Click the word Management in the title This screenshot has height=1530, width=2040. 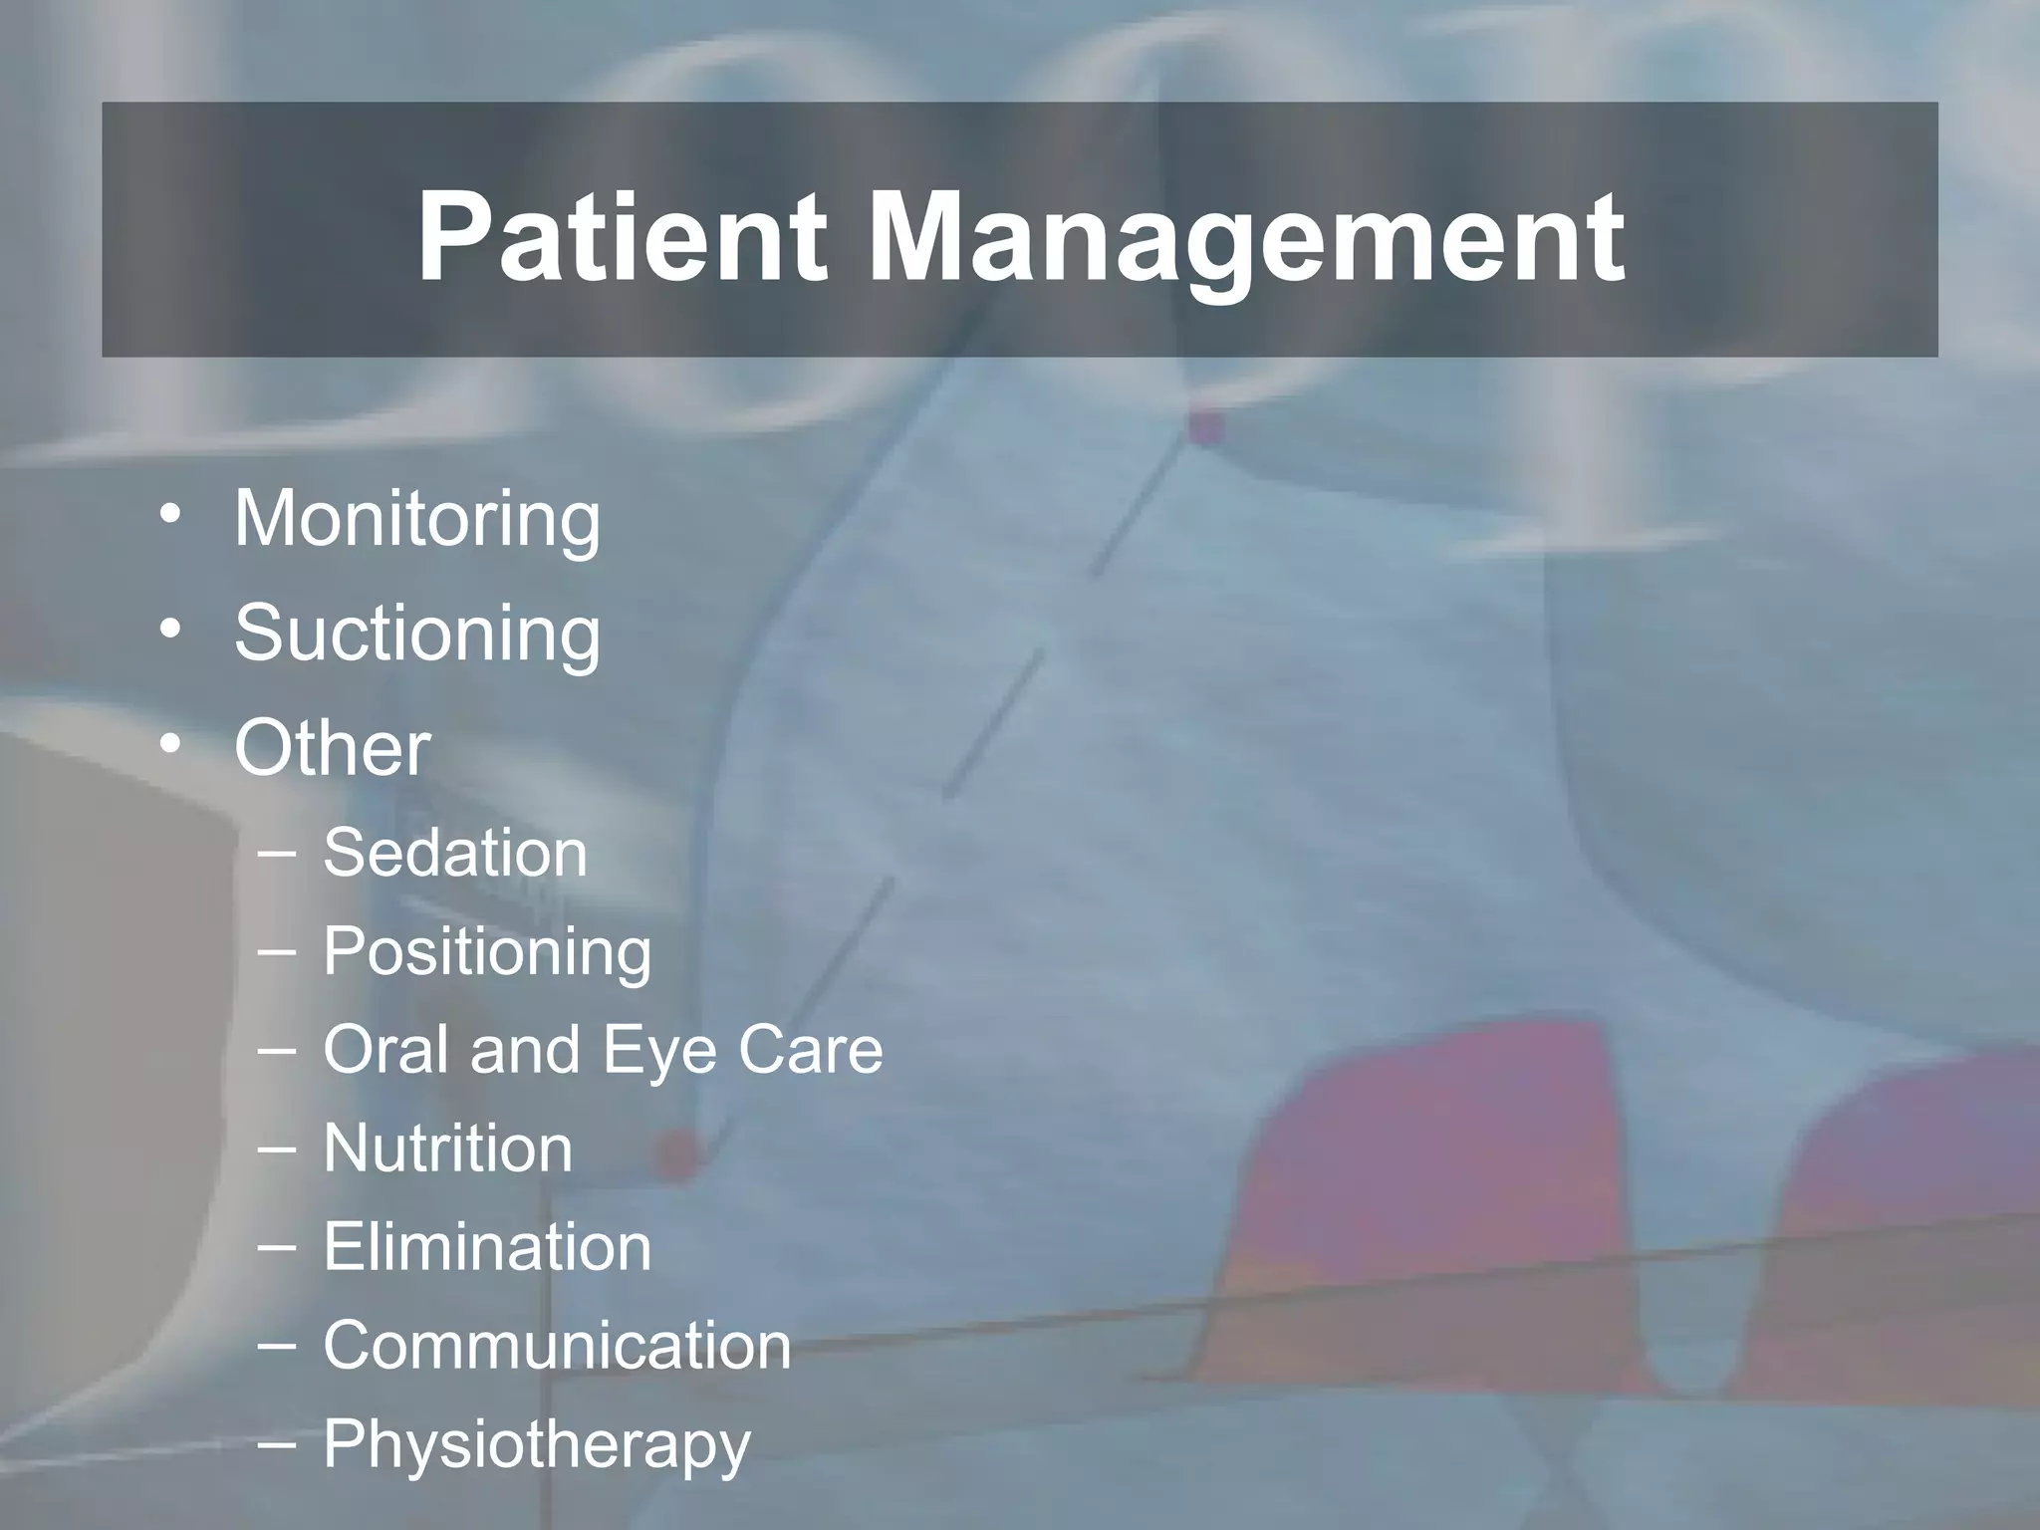tap(1246, 239)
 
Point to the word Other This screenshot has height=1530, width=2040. tap(332, 748)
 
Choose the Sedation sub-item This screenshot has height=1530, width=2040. tap(455, 854)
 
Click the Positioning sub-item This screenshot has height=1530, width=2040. tap(487, 952)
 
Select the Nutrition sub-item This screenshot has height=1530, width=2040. tap(447, 1148)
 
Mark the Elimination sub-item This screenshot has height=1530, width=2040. tap(487, 1247)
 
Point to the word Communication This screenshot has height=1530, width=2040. tap(557, 1346)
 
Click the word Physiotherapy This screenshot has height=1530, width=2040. tap(536, 1445)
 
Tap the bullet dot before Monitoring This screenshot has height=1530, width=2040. tap(170, 515)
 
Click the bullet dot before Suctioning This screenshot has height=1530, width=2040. tap(170, 630)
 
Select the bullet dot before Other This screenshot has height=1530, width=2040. tap(170, 744)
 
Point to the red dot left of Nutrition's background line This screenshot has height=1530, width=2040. tap(677, 1154)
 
